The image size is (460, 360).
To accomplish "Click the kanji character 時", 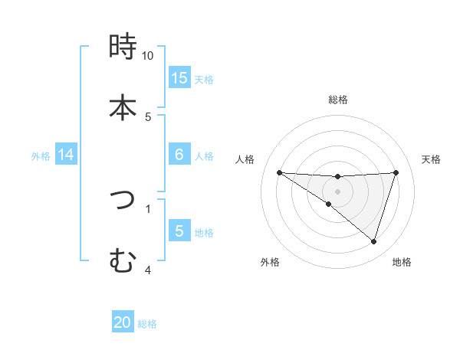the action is tap(123, 47).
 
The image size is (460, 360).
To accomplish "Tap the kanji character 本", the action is tap(123, 106).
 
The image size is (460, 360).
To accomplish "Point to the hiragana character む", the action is tap(123, 260).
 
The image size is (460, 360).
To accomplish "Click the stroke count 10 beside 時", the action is tap(148, 56).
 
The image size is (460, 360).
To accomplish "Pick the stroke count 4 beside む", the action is tap(148, 270).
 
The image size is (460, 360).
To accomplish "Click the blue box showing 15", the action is tap(179, 77).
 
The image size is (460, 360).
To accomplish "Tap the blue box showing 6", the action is tap(179, 155).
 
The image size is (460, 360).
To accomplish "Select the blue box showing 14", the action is tap(66, 155).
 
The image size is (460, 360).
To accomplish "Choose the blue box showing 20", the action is tap(123, 322).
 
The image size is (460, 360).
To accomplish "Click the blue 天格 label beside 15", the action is tap(204, 79).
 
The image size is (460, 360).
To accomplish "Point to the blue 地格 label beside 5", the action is tap(204, 233).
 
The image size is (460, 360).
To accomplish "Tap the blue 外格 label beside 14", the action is tap(41, 156).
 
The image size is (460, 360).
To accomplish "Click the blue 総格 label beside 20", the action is tap(147, 324).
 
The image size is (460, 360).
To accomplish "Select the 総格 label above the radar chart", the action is tap(338, 100).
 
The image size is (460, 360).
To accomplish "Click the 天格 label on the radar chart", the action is tap(432, 159).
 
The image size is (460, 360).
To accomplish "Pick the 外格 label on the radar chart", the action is tap(270, 262).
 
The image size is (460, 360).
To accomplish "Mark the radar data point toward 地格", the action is tap(374, 242).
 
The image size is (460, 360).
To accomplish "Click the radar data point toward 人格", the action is tap(280, 172).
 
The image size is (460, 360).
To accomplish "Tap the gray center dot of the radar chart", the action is tap(338, 191).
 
